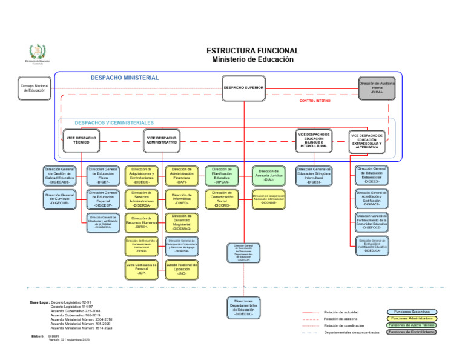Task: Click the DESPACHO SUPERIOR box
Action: (x=244, y=88)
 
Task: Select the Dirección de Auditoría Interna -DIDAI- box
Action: (x=377, y=87)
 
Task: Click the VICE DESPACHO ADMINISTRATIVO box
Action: (x=162, y=141)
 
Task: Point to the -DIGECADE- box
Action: (x=59, y=175)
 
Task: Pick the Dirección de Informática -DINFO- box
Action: (x=182, y=199)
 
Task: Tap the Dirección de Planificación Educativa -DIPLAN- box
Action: (x=222, y=175)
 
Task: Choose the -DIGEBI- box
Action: (x=314, y=175)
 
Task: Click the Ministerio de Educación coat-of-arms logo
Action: (x=37, y=52)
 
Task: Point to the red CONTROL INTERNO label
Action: (x=315, y=101)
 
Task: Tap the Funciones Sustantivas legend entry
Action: (x=412, y=312)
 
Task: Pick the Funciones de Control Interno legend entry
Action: (x=412, y=332)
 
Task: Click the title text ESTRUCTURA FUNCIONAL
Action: (x=252, y=51)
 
